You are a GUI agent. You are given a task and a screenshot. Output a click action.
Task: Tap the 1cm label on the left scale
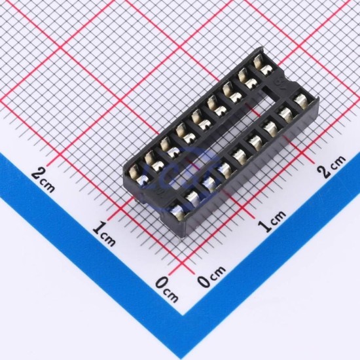pos(104,234)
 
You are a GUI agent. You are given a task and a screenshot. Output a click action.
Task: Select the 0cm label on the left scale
pos(167,290)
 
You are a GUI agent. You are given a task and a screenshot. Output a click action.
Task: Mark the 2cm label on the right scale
pos(331,166)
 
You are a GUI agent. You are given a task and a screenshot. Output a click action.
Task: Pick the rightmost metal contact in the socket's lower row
pos(301,101)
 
